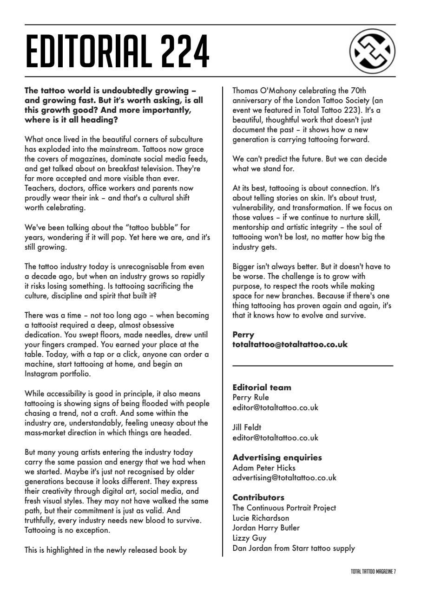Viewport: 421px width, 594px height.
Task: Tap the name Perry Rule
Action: pyautogui.click(x=250, y=397)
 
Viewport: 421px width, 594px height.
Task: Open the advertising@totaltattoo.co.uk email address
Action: pyautogui.click(x=284, y=478)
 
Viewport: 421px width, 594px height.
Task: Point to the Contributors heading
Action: pyautogui.click(x=258, y=497)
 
